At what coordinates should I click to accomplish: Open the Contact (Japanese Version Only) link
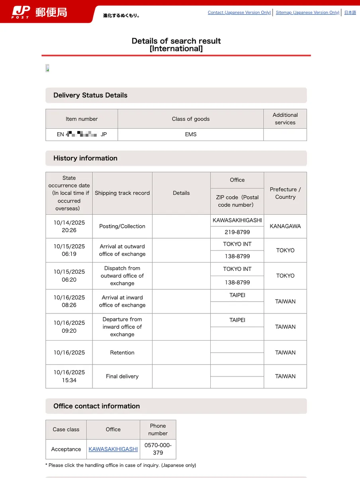click(239, 12)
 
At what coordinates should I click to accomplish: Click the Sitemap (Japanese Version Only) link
click(307, 12)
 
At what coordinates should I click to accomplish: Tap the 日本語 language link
click(350, 12)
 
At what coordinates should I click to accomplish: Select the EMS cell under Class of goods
click(190, 135)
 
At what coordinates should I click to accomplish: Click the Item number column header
click(82, 119)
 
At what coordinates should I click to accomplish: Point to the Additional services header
click(285, 119)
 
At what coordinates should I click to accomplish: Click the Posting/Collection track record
click(122, 226)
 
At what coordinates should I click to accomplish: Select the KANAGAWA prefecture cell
click(285, 226)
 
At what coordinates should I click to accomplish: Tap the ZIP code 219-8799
click(237, 232)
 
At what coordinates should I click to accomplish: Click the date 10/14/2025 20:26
click(69, 226)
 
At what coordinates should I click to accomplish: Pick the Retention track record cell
click(122, 353)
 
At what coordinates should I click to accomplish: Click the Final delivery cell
click(122, 376)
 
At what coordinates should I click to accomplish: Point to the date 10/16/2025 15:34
click(69, 376)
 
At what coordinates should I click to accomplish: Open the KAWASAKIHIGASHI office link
click(113, 449)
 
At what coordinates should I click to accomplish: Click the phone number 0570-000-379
click(158, 449)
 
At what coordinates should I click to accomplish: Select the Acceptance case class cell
click(66, 449)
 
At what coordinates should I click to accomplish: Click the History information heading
click(85, 158)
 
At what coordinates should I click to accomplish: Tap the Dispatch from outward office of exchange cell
click(122, 276)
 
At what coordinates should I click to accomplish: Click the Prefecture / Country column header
click(285, 193)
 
